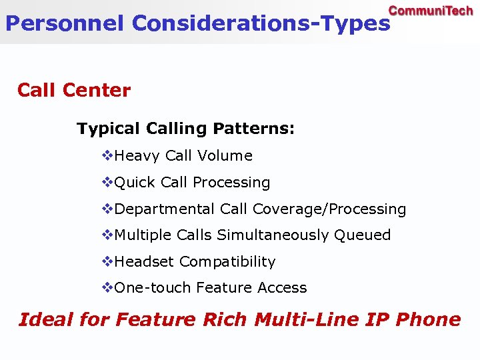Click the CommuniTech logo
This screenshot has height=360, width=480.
(x=431, y=11)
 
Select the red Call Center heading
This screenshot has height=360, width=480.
(x=74, y=90)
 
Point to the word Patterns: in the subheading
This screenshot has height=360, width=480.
(x=254, y=128)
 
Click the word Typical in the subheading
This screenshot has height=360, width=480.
(x=109, y=128)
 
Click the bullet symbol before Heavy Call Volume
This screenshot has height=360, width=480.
(x=107, y=155)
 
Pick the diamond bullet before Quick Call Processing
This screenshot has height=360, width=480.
(x=107, y=182)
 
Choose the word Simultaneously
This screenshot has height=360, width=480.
(x=273, y=235)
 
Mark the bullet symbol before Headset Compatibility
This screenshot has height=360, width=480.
(x=107, y=261)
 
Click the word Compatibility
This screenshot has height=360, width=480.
(x=227, y=261)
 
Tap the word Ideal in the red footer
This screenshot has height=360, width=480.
(x=46, y=319)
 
